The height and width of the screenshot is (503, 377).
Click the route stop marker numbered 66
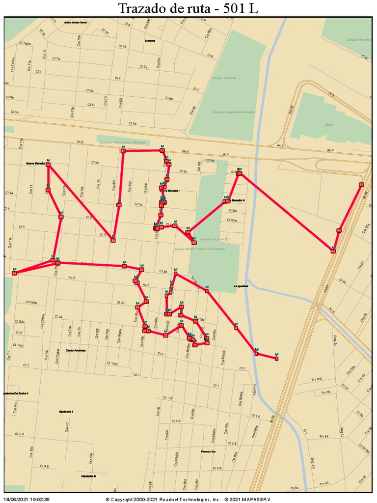click(x=361, y=185)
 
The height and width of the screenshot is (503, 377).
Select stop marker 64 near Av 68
click(x=333, y=251)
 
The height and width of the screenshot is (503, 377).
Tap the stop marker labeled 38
click(x=48, y=165)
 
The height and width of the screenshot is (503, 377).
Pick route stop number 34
click(x=14, y=273)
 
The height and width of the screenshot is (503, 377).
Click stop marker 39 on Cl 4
click(x=113, y=240)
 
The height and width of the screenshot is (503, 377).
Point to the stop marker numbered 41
click(x=123, y=151)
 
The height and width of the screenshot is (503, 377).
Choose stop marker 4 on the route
click(x=236, y=328)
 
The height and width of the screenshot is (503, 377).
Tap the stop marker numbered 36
click(x=61, y=217)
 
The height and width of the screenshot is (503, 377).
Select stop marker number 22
click(x=165, y=335)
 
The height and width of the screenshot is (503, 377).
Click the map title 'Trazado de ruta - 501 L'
click(x=188, y=8)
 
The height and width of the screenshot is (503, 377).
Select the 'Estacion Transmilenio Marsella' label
click(x=122, y=142)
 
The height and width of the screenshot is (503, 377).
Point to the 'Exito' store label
click(x=329, y=124)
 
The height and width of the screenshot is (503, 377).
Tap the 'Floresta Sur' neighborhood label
click(x=208, y=451)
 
